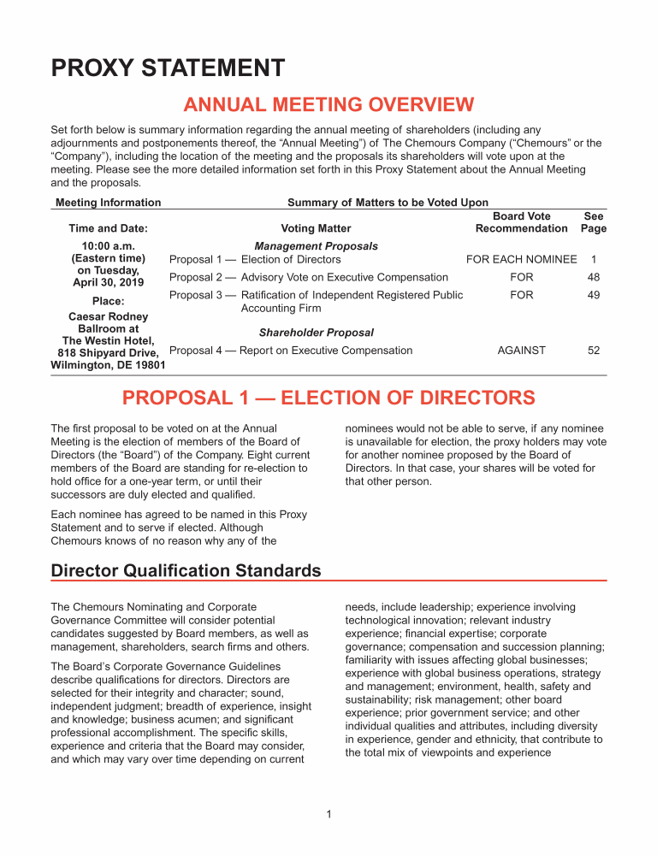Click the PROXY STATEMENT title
point(168,68)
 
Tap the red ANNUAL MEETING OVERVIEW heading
point(328,105)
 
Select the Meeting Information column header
point(108,203)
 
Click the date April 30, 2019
point(108,282)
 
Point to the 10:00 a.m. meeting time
point(108,245)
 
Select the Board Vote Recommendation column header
point(521,222)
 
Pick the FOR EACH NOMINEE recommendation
point(521,259)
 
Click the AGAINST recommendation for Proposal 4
point(521,351)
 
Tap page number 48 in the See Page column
point(593,277)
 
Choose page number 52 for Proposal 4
point(593,351)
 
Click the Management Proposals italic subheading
point(317,246)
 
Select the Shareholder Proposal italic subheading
point(317,333)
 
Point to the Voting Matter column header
point(316,228)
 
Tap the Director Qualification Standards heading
point(186,570)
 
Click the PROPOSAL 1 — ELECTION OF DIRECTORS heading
point(328,398)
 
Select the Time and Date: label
point(108,228)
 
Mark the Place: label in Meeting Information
point(108,301)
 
